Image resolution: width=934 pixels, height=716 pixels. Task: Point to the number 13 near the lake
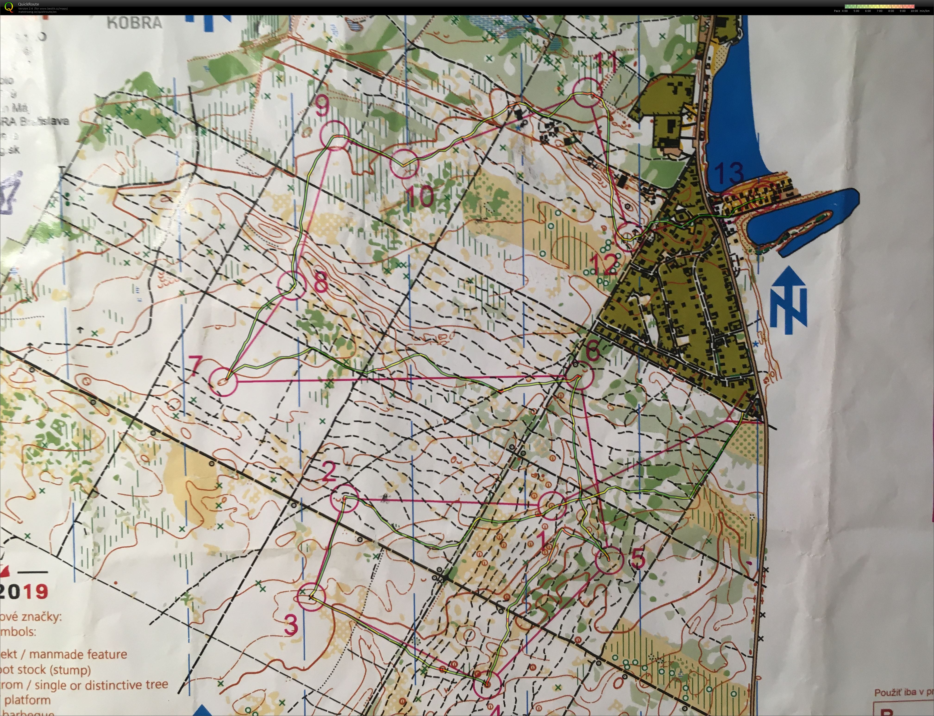pos(729,173)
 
